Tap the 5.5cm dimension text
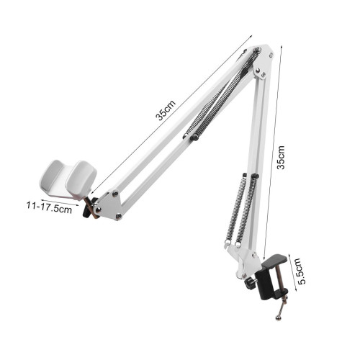tap(301, 271)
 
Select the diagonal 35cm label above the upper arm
tap(166, 110)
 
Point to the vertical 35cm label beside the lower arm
tap(281, 158)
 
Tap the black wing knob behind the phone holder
tap(89, 207)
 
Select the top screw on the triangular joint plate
tap(115, 194)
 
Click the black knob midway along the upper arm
tap(194, 138)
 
